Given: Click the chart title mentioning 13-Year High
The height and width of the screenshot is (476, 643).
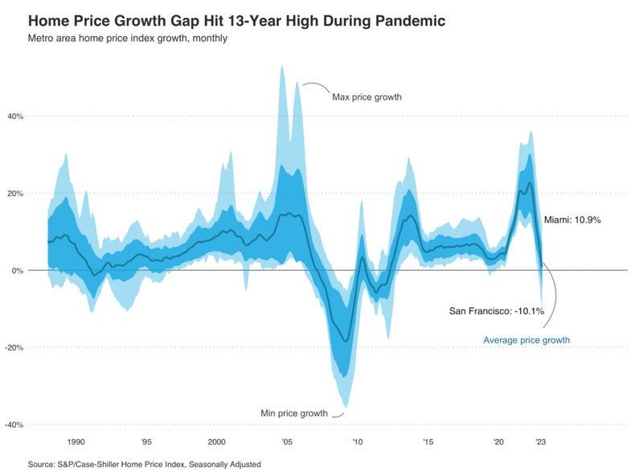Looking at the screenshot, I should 235,19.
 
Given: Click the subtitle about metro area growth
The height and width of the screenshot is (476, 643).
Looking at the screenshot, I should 127,38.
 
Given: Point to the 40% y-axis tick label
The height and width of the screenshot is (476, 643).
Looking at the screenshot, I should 16,117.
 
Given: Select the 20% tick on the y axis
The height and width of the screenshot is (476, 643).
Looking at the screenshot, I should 16,194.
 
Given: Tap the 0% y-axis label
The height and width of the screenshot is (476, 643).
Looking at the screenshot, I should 18,271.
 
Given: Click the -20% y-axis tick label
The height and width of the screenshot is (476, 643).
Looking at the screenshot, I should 15,348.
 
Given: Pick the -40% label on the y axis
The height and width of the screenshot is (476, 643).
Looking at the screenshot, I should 15,425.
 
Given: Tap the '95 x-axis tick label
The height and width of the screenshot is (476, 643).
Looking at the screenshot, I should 146,442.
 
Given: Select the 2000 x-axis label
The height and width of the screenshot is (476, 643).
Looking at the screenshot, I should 216,442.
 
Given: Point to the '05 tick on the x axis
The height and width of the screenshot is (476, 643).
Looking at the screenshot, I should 287,442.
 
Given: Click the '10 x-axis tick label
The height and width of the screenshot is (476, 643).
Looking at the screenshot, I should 357,442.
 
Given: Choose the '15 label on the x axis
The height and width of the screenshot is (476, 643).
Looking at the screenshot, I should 428,442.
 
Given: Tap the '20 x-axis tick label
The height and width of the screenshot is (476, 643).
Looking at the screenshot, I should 498,442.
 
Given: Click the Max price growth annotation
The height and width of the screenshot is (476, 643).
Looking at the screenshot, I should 367,97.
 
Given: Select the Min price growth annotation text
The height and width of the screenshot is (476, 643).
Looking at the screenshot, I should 294,413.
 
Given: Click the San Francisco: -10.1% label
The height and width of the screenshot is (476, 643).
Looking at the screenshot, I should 496,310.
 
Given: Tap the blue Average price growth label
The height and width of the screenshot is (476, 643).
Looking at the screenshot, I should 526,340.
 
